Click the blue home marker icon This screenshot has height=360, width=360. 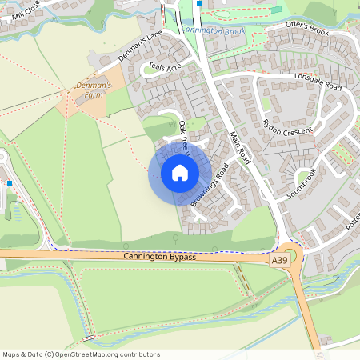point(180,172)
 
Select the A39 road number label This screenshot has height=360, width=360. point(278,261)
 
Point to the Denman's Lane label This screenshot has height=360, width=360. point(141,46)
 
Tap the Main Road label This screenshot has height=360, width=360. point(240,148)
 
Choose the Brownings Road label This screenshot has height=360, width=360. point(210,186)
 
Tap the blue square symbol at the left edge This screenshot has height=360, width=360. point(9,182)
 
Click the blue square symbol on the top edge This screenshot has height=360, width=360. point(198,2)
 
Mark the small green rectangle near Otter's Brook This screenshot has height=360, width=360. point(276,10)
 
